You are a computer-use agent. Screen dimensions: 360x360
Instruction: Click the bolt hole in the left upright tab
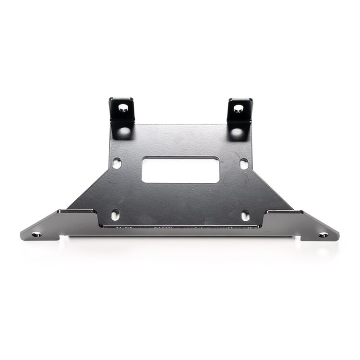[x=123, y=108]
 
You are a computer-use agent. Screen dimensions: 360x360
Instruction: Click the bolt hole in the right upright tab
[x=238, y=108]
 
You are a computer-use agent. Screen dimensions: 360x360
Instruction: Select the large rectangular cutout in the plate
[x=180, y=169]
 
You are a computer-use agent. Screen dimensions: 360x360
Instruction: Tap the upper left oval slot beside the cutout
[x=117, y=163]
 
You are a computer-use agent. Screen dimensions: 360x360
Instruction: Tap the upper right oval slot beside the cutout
[x=244, y=164]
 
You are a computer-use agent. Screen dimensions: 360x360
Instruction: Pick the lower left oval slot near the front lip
[x=115, y=215]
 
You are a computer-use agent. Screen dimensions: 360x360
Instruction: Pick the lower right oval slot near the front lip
[x=245, y=216]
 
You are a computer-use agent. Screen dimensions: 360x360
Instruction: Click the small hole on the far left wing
[x=36, y=234]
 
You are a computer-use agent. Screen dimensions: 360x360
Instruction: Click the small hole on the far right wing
[x=324, y=235]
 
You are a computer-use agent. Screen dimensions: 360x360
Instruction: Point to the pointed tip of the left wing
[x=21, y=235]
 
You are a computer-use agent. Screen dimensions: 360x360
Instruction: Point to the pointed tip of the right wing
[x=338, y=236]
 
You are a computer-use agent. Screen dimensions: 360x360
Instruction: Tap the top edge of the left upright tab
[x=121, y=99]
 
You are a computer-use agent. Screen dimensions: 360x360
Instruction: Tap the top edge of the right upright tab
[x=240, y=99]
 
